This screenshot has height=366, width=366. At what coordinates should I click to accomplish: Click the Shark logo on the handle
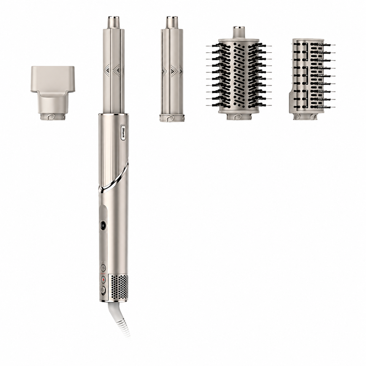(123, 132)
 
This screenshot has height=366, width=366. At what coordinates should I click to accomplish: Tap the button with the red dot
(103, 280)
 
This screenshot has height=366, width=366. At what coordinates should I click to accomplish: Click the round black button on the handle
(103, 226)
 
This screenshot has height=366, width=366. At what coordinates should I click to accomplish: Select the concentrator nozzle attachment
(53, 93)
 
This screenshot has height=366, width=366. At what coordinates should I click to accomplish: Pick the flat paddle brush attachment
(308, 78)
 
